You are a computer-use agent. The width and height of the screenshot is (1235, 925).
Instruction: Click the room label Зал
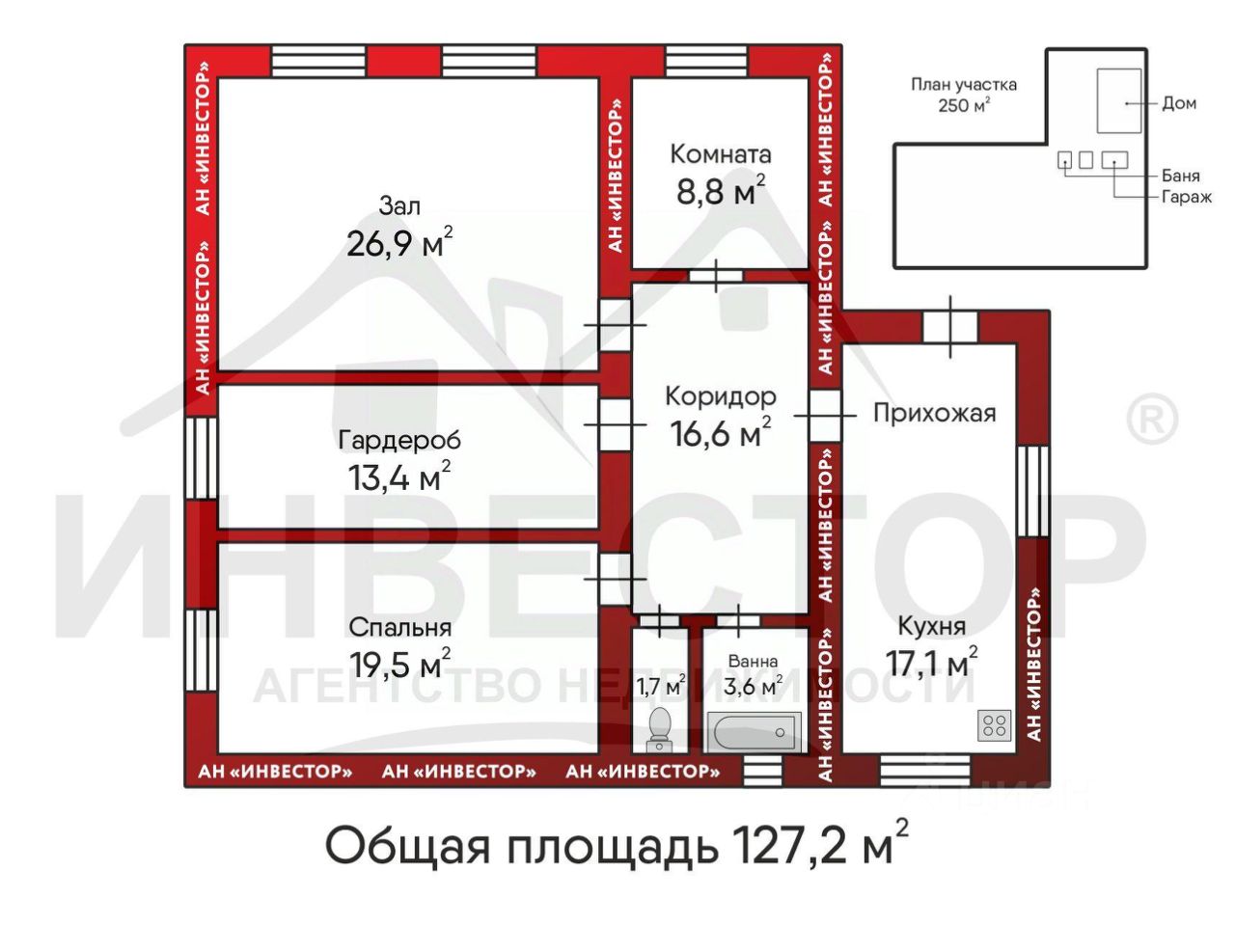(x=399, y=206)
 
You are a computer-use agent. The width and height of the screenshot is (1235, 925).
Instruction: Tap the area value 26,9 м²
(x=399, y=242)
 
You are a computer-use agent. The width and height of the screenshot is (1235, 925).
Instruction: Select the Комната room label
(x=720, y=154)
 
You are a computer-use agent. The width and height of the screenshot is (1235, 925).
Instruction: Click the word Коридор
(x=721, y=396)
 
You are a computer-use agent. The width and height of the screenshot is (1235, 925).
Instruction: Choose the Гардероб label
(x=399, y=440)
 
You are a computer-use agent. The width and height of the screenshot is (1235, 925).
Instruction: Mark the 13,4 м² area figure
(x=399, y=476)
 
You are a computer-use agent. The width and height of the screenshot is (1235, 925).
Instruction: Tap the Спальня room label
(x=399, y=628)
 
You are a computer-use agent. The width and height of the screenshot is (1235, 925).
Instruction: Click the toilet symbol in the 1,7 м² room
(x=660, y=729)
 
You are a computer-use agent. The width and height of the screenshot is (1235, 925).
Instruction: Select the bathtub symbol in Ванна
(x=754, y=731)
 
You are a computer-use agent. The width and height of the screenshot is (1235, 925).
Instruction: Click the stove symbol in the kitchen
(x=994, y=725)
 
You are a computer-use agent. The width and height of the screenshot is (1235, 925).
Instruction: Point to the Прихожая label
(x=935, y=414)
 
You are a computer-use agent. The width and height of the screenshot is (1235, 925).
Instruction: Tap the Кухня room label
(x=932, y=626)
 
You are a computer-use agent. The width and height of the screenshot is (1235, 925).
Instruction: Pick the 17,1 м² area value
(x=932, y=661)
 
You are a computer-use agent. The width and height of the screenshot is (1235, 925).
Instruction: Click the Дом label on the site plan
(x=1179, y=103)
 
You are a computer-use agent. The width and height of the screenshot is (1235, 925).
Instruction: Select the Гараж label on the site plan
(x=1187, y=198)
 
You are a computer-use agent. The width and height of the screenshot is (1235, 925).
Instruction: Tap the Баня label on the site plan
(x=1181, y=176)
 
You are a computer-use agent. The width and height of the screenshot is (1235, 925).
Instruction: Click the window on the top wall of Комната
(x=706, y=62)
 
